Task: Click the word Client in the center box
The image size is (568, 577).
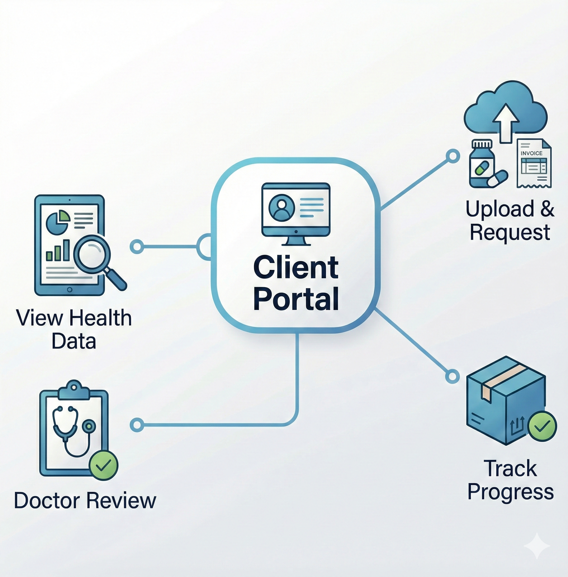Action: [x=296, y=268]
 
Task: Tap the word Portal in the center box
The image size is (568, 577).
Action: [x=296, y=299]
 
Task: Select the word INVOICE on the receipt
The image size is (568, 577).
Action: [x=532, y=153]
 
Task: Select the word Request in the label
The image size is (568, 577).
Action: [x=510, y=233]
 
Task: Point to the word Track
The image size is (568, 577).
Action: [x=510, y=469]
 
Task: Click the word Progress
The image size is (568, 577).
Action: [x=510, y=492]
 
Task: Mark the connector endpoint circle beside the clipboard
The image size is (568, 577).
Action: [x=137, y=425]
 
